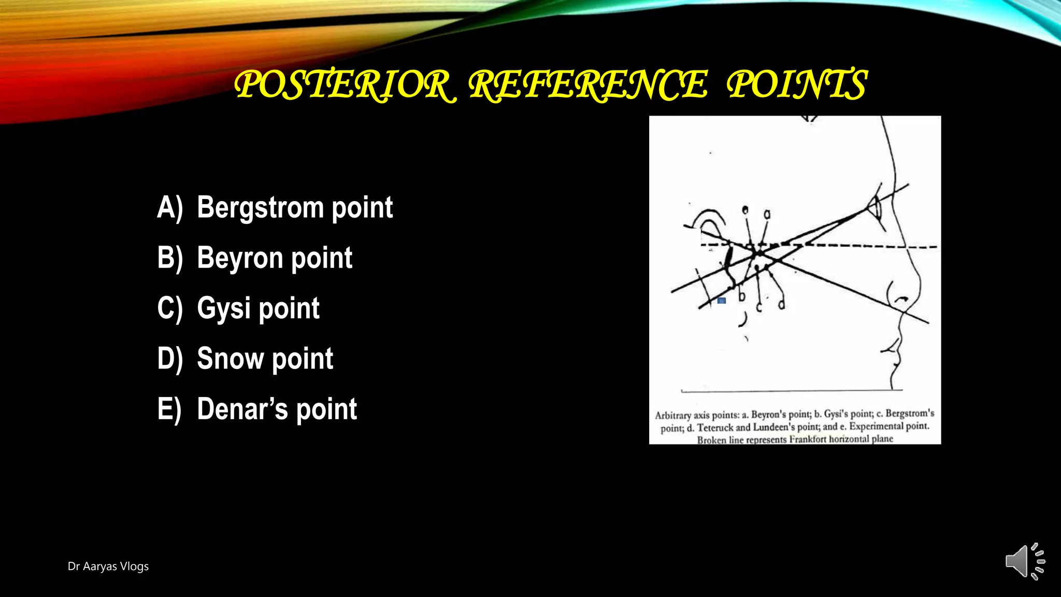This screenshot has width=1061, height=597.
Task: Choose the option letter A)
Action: [170, 208]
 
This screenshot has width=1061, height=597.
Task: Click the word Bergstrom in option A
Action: [260, 208]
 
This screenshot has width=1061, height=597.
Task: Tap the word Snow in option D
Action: [230, 359]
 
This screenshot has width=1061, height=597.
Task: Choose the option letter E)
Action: [169, 409]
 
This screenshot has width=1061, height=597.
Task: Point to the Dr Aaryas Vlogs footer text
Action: [108, 566]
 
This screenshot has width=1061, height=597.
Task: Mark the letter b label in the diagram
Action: [742, 296]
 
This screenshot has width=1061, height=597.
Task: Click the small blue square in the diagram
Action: [722, 301]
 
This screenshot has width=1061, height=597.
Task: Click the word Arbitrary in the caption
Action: [673, 416]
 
